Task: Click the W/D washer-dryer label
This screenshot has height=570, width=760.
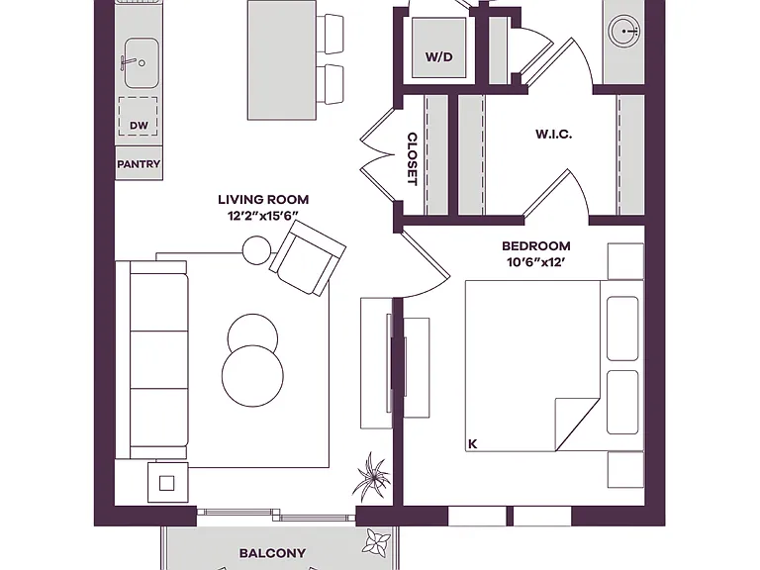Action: (439, 56)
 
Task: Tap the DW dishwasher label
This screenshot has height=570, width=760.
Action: (139, 126)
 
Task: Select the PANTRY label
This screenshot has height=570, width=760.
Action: (139, 164)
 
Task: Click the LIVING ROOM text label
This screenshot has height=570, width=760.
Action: (263, 199)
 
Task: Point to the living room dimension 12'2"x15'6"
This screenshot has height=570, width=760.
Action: (262, 216)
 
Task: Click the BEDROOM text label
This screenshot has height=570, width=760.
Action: (536, 245)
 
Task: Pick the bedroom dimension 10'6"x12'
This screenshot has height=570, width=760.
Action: (536, 262)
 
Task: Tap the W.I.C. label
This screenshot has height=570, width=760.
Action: (554, 135)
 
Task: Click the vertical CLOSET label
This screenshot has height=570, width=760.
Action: (412, 159)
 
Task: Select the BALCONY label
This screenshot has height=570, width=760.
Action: (273, 553)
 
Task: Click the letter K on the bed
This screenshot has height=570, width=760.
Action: (473, 443)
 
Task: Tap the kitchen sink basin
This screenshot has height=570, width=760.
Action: (142, 63)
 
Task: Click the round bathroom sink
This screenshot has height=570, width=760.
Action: (624, 32)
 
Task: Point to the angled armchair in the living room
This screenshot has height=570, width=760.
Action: (308, 258)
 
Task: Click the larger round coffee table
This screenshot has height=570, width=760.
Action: (252, 376)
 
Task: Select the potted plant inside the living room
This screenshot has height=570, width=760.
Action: (372, 476)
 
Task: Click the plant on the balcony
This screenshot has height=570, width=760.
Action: (376, 542)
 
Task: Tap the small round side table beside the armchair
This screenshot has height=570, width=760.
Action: (256, 250)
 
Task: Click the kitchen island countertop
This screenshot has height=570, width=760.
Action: (282, 60)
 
